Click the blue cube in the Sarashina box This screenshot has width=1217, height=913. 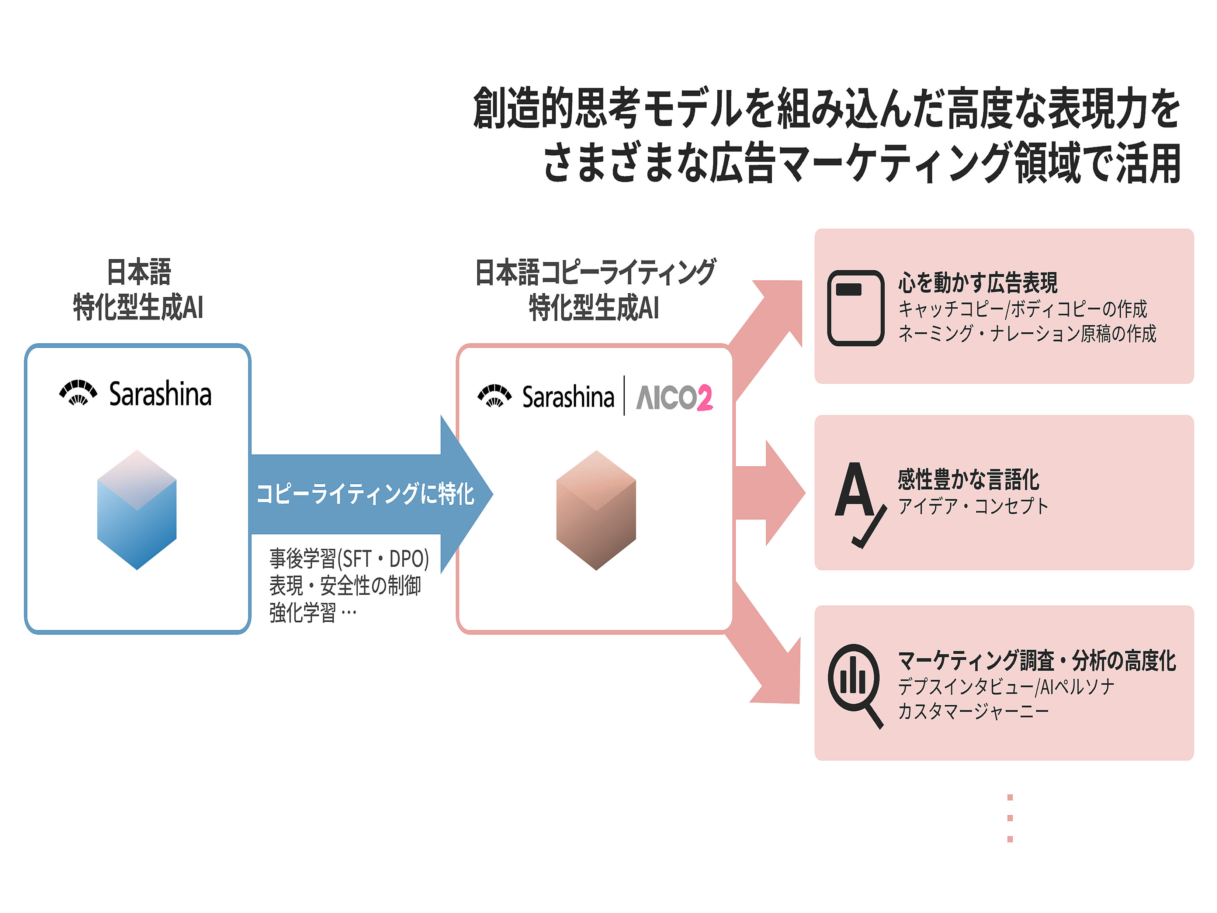click(136, 509)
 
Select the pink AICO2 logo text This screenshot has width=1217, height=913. click(674, 397)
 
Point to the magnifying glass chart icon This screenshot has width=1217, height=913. click(855, 685)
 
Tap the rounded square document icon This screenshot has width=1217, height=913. click(856, 308)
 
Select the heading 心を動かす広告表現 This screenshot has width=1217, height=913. click(978, 283)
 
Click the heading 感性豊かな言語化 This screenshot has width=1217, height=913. click(968, 479)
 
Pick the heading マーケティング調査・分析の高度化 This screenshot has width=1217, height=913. click(1037, 660)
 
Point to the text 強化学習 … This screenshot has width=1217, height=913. click(312, 612)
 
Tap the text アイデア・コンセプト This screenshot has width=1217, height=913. click(973, 506)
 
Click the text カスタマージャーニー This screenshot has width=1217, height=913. click(973, 711)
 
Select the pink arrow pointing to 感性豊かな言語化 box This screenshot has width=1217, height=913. click(770, 492)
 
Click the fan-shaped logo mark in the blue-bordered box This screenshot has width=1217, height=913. click(78, 393)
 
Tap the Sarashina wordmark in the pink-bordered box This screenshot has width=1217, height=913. click(568, 397)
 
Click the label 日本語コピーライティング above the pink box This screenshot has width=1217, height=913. click(595, 272)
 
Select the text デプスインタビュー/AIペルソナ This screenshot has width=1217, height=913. click(1006, 686)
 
